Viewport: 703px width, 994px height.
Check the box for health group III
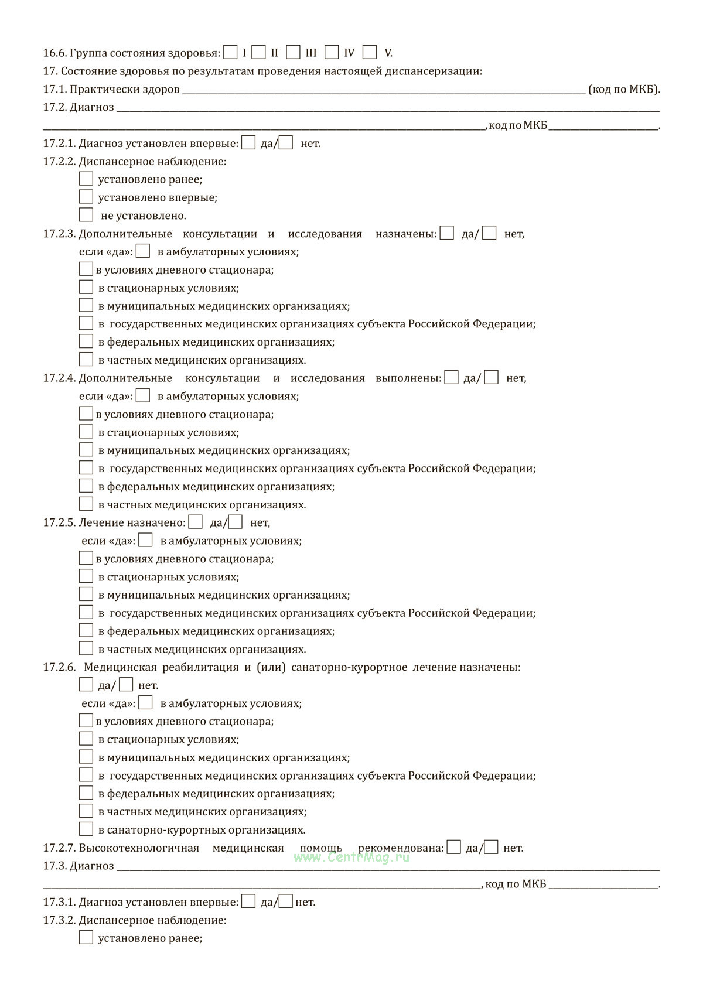(x=293, y=53)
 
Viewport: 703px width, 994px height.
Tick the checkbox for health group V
(x=369, y=53)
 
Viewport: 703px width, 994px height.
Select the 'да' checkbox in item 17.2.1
(x=248, y=143)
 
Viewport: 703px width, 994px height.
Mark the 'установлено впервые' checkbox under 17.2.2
(x=86, y=197)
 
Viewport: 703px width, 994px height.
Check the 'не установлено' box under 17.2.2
(x=86, y=215)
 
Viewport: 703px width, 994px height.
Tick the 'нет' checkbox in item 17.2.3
(x=489, y=233)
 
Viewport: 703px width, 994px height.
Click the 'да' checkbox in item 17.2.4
(x=451, y=378)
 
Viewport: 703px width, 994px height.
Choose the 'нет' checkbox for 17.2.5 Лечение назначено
(x=236, y=522)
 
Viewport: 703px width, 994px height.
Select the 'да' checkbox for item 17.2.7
(x=453, y=847)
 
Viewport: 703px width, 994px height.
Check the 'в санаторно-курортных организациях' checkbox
(x=86, y=829)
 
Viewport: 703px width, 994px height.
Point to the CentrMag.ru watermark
(x=351, y=857)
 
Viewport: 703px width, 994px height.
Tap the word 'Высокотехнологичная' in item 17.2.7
(x=139, y=848)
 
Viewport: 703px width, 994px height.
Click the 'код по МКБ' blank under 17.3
(x=603, y=884)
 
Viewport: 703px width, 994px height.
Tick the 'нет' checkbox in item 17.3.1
(x=285, y=901)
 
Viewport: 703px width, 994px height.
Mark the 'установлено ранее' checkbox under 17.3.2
(x=86, y=938)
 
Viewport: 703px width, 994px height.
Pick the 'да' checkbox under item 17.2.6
(x=86, y=685)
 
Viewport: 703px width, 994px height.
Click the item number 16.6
(x=54, y=53)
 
